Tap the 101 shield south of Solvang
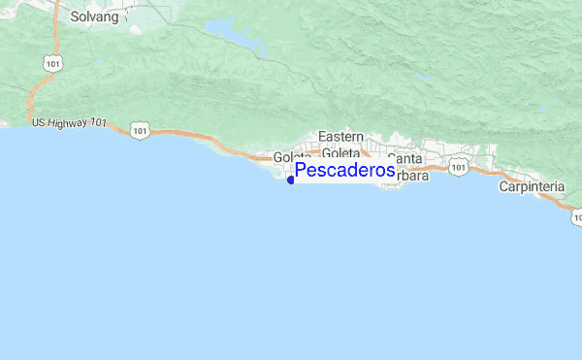tap(48, 61)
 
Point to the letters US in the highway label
tap(39, 122)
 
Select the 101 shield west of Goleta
tap(142, 128)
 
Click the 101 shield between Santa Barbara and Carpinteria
tap(459, 168)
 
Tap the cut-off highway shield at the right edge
tap(577, 216)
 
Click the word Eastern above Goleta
tap(340, 137)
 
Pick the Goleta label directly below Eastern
tap(340, 152)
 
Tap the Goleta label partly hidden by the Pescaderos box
tap(291, 157)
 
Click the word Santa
tap(404, 157)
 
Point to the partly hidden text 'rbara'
tap(411, 176)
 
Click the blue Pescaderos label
tap(344, 171)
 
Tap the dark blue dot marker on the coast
tap(291, 180)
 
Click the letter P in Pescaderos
tap(302, 171)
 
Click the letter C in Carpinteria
tap(504, 186)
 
